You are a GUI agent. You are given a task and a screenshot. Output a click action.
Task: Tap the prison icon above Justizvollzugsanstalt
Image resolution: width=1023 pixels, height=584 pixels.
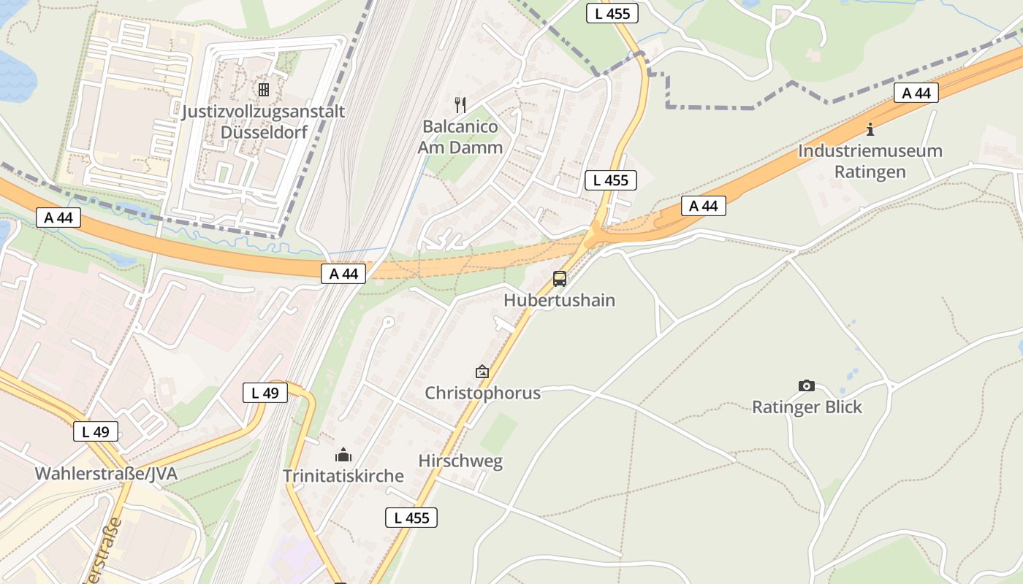(x=263, y=89)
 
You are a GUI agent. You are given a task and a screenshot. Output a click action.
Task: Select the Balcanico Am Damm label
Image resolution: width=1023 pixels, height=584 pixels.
(x=460, y=137)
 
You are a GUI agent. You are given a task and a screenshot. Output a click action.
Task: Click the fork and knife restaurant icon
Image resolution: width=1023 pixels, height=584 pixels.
(x=460, y=104)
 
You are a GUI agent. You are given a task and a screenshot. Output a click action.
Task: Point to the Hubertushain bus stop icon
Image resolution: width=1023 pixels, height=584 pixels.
(x=559, y=278)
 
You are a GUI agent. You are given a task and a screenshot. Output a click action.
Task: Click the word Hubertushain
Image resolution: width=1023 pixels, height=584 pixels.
(x=559, y=300)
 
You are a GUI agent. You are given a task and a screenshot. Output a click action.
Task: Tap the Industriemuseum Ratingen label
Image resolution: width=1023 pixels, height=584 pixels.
(x=870, y=161)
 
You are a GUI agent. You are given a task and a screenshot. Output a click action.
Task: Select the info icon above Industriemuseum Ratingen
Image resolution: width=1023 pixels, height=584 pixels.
(x=870, y=129)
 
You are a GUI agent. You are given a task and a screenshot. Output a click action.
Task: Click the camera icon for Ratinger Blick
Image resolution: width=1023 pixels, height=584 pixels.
(x=807, y=385)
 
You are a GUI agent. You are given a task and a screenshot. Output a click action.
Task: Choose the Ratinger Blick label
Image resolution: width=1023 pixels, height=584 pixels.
(x=807, y=407)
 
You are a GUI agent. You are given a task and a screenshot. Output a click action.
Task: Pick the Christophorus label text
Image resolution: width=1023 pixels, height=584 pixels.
(x=483, y=393)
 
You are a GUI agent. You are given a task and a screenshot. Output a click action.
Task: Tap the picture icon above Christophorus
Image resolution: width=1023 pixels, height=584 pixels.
(x=482, y=372)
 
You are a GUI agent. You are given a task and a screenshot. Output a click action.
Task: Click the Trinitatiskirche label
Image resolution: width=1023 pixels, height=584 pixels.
(x=343, y=476)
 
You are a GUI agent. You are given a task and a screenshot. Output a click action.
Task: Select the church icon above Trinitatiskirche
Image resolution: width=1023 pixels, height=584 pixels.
(x=343, y=456)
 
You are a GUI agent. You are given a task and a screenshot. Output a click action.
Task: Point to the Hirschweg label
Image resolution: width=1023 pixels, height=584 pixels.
(x=460, y=461)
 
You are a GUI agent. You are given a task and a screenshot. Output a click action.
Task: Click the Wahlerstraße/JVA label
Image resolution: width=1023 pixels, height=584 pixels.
(x=106, y=473)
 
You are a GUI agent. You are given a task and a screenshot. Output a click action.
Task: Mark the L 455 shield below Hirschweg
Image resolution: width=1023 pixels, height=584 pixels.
(x=411, y=518)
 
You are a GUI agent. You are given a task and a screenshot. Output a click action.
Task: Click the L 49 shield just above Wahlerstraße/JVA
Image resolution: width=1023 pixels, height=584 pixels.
(x=96, y=431)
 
